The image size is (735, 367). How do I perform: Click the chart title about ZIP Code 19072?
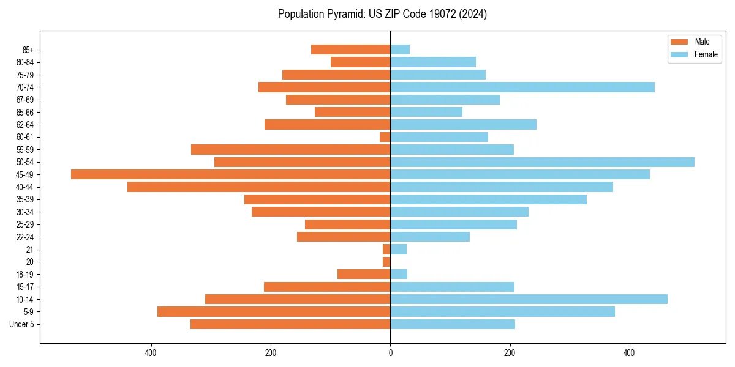pyautogui.click(x=382, y=14)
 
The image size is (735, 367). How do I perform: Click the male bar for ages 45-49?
pyautogui.click(x=230, y=174)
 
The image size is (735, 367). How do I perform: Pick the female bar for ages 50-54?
pyautogui.click(x=542, y=162)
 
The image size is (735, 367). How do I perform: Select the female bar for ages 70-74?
pyautogui.click(x=522, y=87)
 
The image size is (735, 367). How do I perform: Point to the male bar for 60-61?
pyautogui.click(x=385, y=137)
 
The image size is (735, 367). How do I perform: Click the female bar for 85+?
pyautogui.click(x=400, y=50)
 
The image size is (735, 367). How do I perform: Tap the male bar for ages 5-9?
pyautogui.click(x=274, y=312)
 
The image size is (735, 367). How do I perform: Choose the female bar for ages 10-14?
pyautogui.click(x=529, y=299)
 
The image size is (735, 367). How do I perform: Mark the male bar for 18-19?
pyautogui.click(x=364, y=274)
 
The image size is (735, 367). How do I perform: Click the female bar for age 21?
pyautogui.click(x=398, y=250)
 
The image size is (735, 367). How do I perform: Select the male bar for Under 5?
pyautogui.click(x=290, y=324)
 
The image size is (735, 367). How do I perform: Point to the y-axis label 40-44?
pyautogui.click(x=25, y=187)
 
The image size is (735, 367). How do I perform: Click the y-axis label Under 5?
pyautogui.click(x=22, y=324)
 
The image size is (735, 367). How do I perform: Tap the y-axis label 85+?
pyautogui.click(x=28, y=50)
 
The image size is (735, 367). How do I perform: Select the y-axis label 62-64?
pyautogui.click(x=25, y=125)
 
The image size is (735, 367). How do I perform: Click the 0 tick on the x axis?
pyautogui.click(x=390, y=353)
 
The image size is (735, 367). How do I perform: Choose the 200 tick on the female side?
pyautogui.click(x=510, y=353)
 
